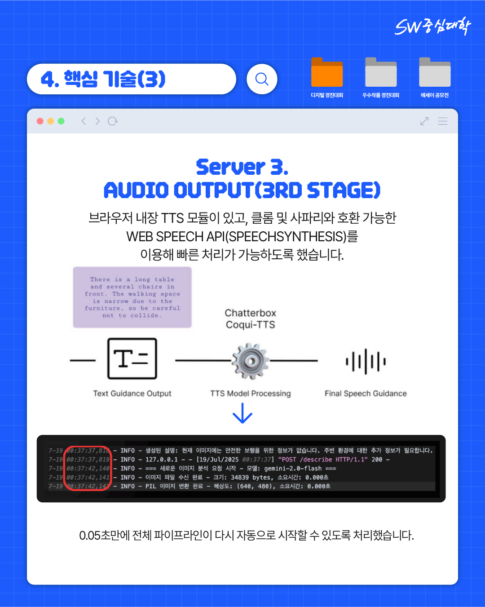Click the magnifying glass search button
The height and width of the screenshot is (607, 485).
point(262,79)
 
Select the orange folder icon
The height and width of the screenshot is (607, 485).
point(327,73)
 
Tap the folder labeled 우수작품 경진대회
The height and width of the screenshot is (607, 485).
point(381,73)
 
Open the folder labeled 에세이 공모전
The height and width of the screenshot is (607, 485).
point(435,73)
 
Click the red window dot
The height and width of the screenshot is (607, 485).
point(40,121)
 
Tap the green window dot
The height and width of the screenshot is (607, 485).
point(61,121)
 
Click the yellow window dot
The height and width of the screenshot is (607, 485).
point(50,121)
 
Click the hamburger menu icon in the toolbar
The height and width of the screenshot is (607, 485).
point(442,121)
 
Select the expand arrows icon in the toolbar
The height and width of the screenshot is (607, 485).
point(424,121)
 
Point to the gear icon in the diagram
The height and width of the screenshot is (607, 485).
point(251,361)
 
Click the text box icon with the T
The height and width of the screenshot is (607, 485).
point(132,359)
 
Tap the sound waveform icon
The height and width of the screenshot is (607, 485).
point(366,361)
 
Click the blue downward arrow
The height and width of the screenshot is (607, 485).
point(242,413)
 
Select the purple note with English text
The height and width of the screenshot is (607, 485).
point(132,297)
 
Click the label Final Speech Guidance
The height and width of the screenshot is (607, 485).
point(366,394)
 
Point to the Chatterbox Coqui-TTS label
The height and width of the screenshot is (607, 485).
point(251,319)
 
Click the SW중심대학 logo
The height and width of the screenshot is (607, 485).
point(432,27)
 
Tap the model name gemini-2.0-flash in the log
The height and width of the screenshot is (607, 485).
point(293,469)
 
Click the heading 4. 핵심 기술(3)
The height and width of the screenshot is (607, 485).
point(103,79)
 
